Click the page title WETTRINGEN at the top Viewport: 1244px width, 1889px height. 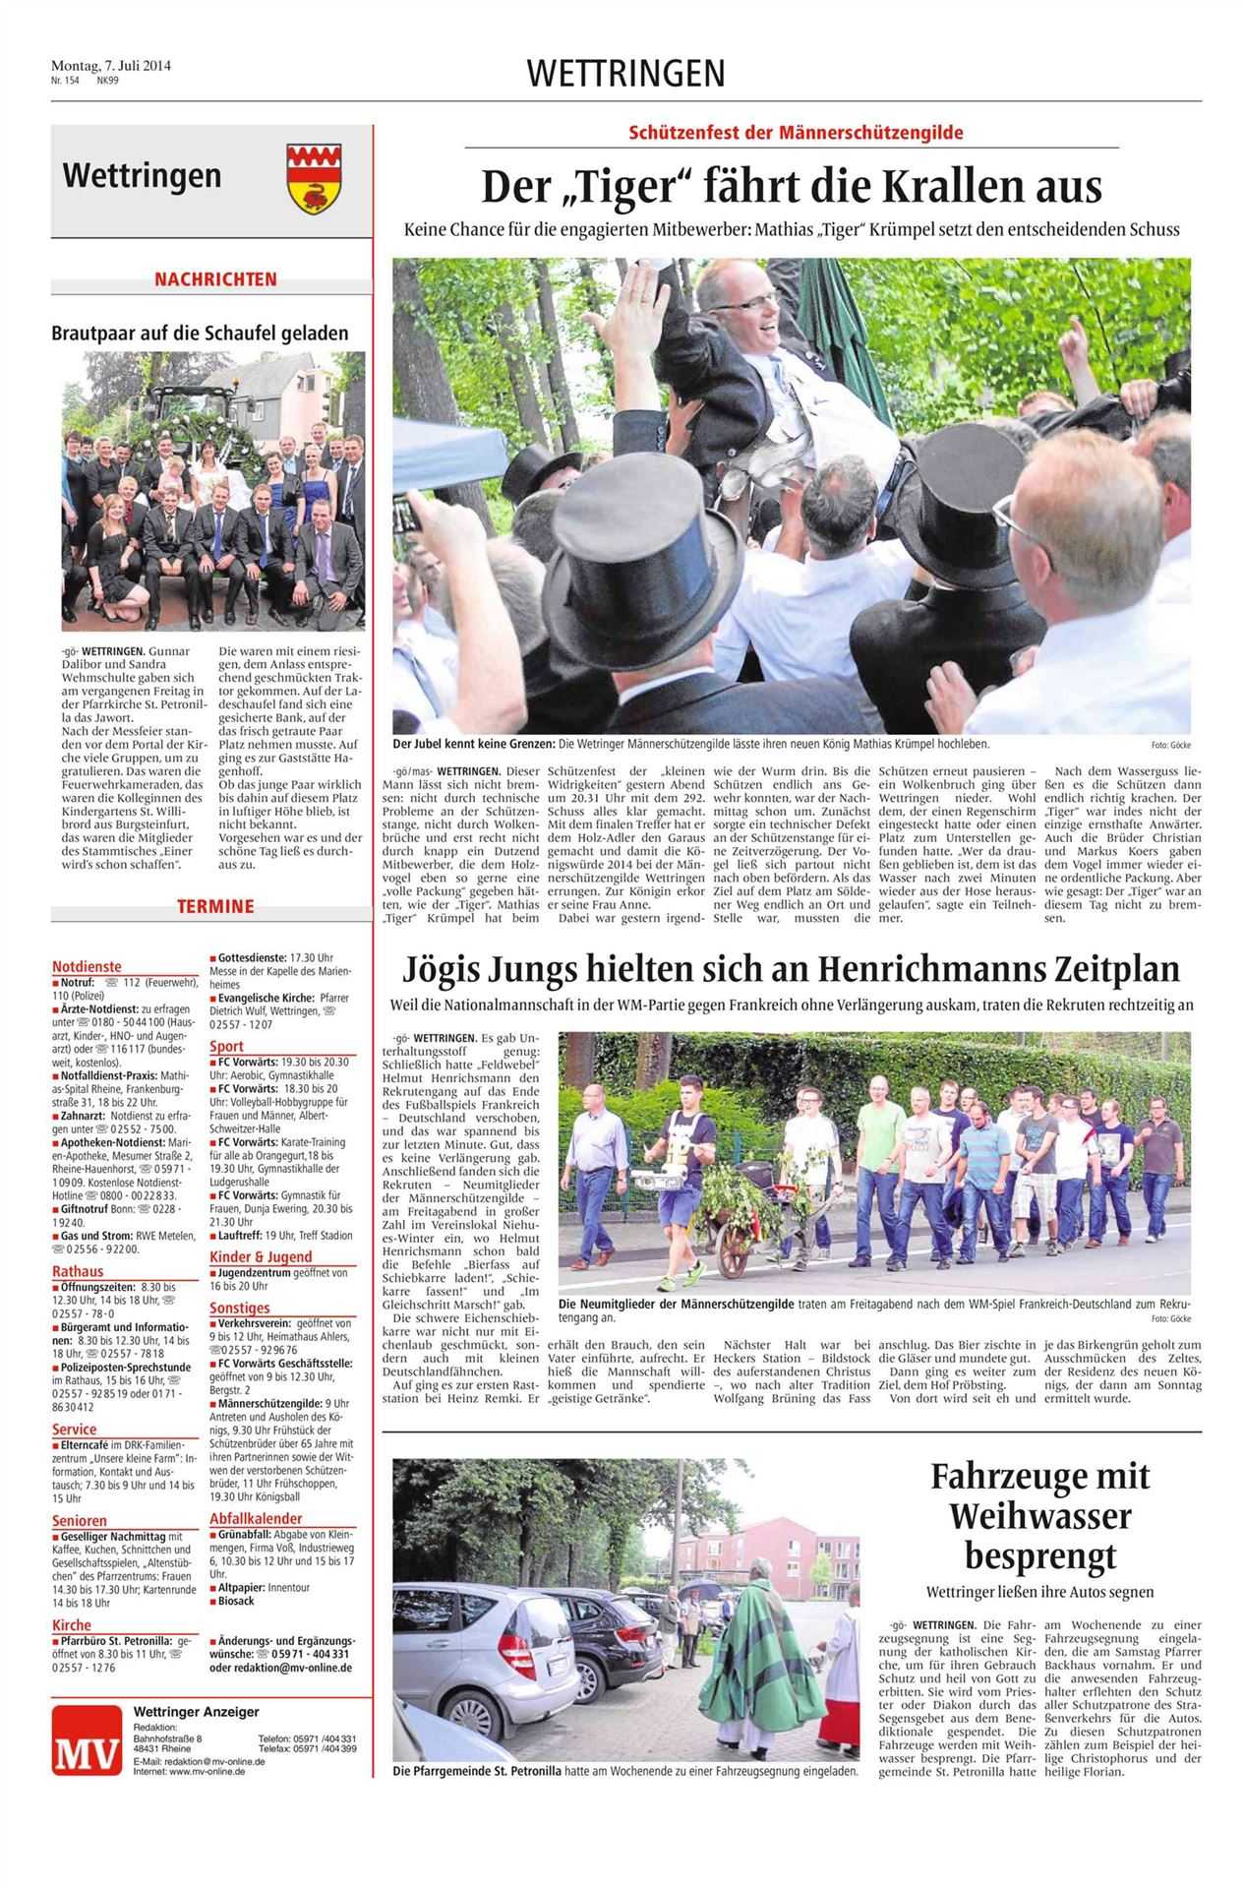pyautogui.click(x=625, y=73)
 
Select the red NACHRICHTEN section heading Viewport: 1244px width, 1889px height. pyautogui.click(x=215, y=279)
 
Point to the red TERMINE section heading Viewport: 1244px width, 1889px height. pyautogui.click(x=215, y=906)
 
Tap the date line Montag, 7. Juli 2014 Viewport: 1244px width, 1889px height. pyautogui.click(x=111, y=66)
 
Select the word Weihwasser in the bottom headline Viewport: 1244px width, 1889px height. pyautogui.click(x=1039, y=1515)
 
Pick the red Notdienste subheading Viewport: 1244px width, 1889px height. pyautogui.click(x=87, y=967)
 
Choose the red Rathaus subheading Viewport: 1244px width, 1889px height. pyautogui.click(x=78, y=1271)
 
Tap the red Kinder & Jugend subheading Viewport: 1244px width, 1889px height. pyautogui.click(x=261, y=1256)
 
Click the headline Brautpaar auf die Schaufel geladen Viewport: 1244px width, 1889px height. pyautogui.click(x=200, y=333)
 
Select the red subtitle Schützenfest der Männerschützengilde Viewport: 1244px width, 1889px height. pyautogui.click(x=797, y=132)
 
